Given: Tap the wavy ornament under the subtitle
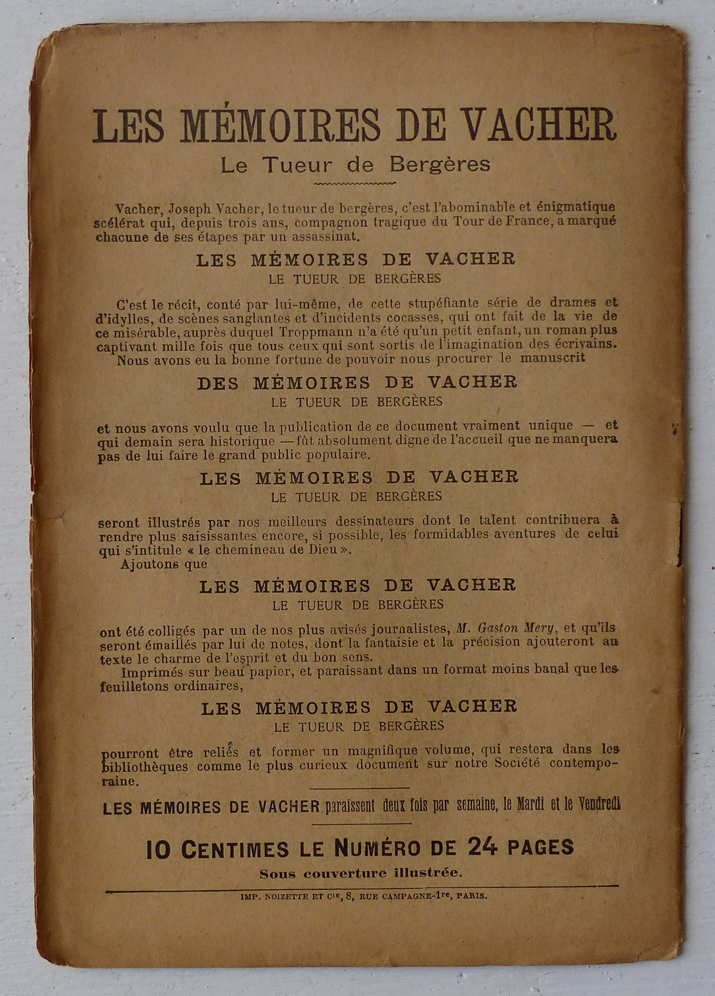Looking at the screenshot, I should coord(355,183).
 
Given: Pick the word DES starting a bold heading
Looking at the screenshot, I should coord(218,383).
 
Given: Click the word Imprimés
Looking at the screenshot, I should coord(153,672).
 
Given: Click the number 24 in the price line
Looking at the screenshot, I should coord(482,847).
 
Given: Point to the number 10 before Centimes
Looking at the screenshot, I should coord(158,850).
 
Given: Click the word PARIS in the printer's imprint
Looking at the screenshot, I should coord(471,896).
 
